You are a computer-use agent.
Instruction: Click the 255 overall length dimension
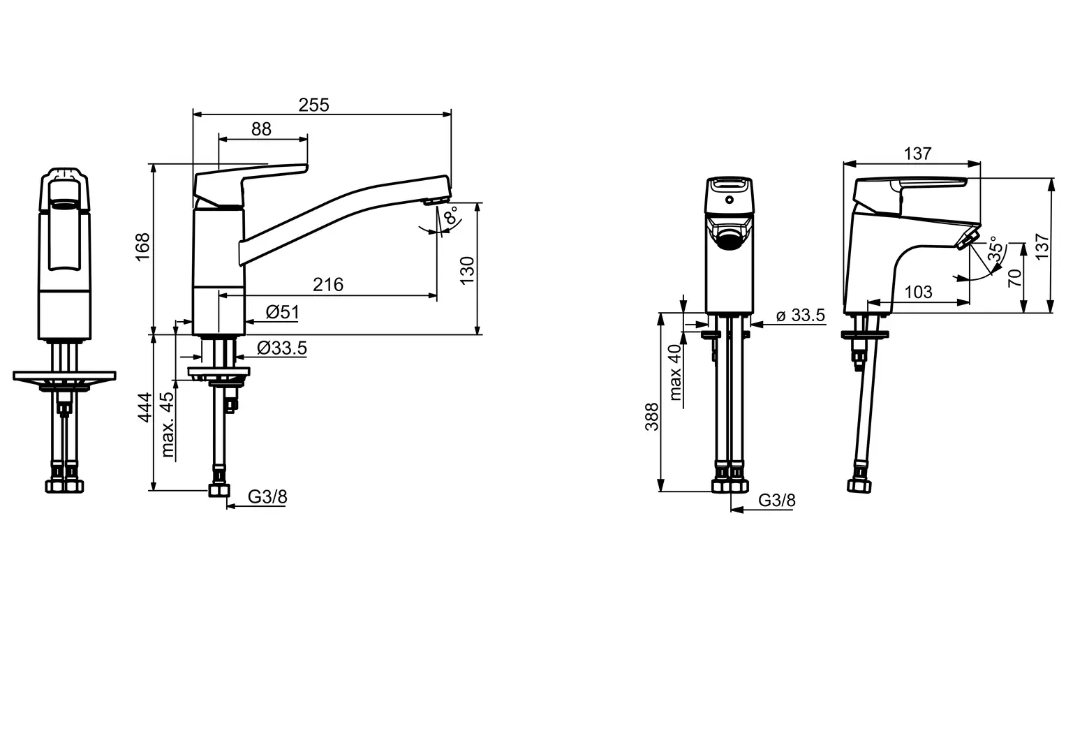pyautogui.click(x=313, y=105)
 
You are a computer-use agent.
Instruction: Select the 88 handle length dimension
pyautogui.click(x=261, y=129)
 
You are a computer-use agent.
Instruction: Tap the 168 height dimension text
pyautogui.click(x=143, y=246)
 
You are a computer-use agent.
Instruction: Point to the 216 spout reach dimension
pyautogui.click(x=328, y=285)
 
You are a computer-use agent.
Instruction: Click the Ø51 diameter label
pyautogui.click(x=283, y=312)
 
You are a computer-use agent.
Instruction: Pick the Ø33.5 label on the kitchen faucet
pyautogui.click(x=282, y=348)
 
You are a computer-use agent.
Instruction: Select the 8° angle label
pyautogui.click(x=451, y=215)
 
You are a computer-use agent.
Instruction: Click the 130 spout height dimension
pyautogui.click(x=468, y=270)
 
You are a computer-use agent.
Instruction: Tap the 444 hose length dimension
pyautogui.click(x=145, y=407)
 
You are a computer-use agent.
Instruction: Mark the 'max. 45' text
pyautogui.click(x=168, y=424)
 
